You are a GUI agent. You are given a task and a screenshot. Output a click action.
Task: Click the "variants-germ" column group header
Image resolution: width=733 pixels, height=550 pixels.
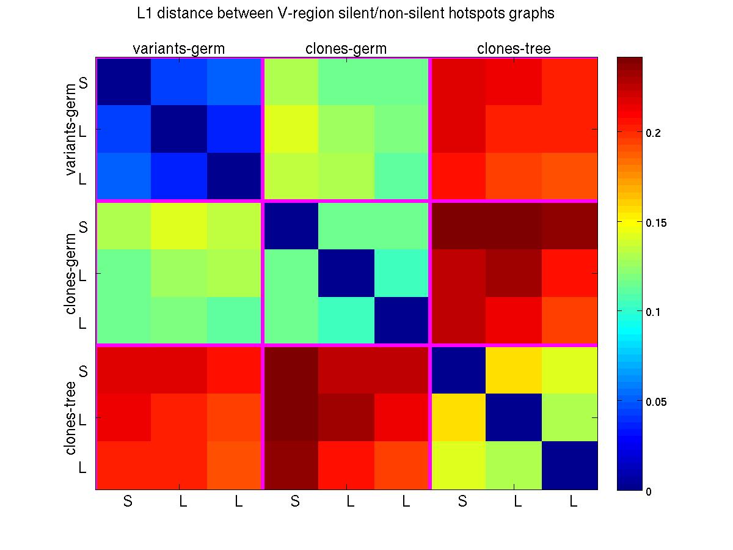pyautogui.click(x=179, y=49)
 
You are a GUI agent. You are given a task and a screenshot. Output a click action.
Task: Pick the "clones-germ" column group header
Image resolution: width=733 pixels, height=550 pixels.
pyautogui.click(x=346, y=49)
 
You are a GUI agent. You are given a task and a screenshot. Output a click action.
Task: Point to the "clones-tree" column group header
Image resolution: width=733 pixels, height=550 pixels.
pyautogui.click(x=514, y=49)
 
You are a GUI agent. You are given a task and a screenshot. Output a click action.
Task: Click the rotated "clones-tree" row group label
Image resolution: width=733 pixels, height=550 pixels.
pyautogui.click(x=71, y=418)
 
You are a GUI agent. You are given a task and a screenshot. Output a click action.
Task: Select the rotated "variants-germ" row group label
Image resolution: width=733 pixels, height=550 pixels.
pyautogui.click(x=71, y=130)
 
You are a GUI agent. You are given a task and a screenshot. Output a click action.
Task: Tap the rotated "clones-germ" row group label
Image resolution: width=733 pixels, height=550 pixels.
pyautogui.click(x=71, y=274)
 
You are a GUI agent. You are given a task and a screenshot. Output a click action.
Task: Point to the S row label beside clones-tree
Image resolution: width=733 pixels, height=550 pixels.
pyautogui.click(x=84, y=371)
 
